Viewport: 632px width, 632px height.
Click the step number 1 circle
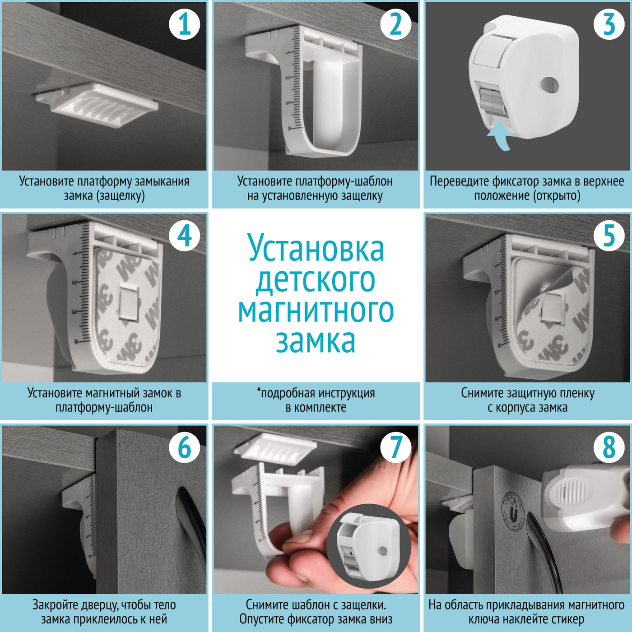click(x=184, y=24)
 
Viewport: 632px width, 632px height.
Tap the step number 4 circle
click(x=184, y=236)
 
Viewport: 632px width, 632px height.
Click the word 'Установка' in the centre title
click(x=316, y=246)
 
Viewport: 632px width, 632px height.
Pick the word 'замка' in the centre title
click(x=316, y=341)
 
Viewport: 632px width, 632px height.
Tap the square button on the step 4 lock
click(x=129, y=302)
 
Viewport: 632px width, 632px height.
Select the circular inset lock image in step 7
click(x=369, y=545)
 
